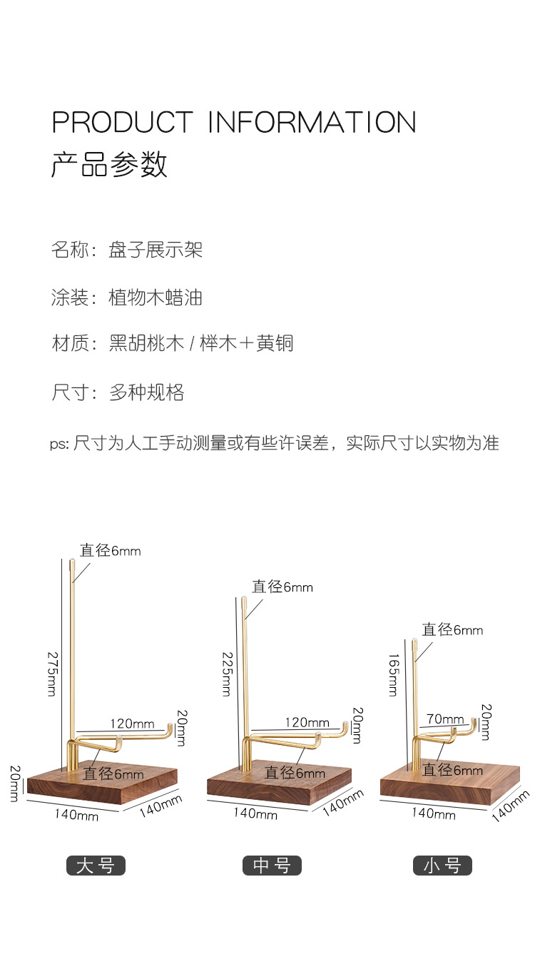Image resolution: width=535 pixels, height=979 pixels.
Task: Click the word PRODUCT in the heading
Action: coord(122,122)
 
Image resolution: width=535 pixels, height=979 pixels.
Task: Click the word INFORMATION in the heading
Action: coord(312,122)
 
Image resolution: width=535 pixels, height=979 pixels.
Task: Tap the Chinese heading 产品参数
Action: coord(109,164)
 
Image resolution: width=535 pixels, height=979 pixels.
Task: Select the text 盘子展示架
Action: coord(156,250)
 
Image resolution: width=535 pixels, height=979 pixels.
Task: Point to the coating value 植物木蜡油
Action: coord(156,297)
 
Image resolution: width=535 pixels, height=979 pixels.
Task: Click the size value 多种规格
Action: coord(146,392)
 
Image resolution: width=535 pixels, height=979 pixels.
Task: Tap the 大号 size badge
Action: coord(96,866)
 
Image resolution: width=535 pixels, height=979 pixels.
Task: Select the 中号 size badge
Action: coord(272,866)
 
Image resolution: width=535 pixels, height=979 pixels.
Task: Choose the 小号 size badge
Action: coord(442,866)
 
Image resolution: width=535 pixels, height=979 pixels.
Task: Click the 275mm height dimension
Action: coord(51,673)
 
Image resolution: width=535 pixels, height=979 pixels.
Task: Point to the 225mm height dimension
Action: coord(227,673)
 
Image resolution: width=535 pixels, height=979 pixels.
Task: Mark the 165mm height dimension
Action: coord(393,674)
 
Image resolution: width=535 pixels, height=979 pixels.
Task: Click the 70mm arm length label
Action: coord(446,719)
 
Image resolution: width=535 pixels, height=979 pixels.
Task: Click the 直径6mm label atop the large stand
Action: coord(110,551)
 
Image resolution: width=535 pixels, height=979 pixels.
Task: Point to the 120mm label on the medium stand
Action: coord(307,723)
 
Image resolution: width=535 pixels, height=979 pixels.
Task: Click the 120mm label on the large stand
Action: coord(132,724)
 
